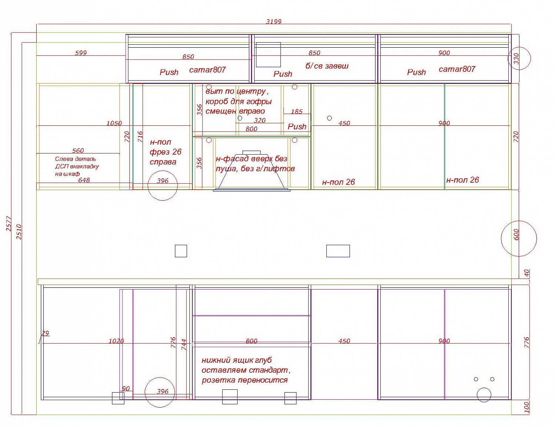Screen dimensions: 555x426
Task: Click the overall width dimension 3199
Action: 273,21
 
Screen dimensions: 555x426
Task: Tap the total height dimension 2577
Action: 9,224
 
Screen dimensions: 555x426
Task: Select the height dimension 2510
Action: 19,232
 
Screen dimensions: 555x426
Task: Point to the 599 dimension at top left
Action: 81,53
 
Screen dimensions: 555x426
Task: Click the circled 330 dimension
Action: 516,58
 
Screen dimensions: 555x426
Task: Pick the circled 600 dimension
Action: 516,234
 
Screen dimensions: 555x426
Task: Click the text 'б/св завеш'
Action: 327,66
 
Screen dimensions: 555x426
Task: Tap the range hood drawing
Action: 252,171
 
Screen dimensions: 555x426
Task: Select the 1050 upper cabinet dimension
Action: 114,123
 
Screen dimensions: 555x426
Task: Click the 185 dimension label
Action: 296,111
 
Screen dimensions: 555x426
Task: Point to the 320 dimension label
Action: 259,120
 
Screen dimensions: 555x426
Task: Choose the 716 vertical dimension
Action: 140,136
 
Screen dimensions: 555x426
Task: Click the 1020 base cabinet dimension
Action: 116,341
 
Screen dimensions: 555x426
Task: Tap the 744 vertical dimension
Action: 184,345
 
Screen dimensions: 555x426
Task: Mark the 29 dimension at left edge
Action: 45,333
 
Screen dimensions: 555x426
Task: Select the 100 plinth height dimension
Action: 526,407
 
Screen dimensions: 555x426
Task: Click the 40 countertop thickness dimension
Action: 527,273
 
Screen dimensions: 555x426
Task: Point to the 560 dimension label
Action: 78,151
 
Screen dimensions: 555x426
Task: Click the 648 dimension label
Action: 84,180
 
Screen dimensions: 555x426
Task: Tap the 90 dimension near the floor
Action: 126,389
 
